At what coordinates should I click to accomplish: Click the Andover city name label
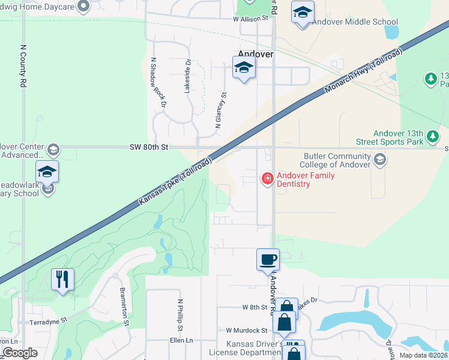coord(256,53)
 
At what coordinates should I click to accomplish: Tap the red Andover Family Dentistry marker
coord(267,178)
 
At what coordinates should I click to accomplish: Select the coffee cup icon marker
coord(268,260)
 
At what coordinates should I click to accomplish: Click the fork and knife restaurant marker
coord(62,279)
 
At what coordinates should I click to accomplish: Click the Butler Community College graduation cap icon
coord(379,159)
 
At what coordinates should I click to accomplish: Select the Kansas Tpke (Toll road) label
coord(175,181)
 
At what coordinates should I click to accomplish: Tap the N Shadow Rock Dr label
coord(158,82)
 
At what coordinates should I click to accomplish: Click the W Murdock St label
coord(247,331)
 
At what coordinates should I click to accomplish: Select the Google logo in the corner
coord(20,352)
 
